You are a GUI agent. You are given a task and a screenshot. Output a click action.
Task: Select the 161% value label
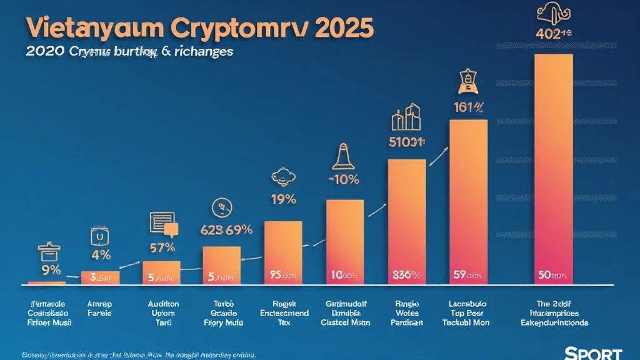[468, 107]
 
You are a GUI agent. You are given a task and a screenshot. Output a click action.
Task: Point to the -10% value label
[344, 180]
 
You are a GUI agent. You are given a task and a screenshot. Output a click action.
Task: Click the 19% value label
[282, 201]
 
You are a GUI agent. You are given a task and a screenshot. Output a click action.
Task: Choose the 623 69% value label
[226, 229]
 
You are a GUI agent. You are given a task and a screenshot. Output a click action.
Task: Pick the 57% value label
[162, 247]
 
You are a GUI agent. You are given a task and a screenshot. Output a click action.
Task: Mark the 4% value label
[101, 255]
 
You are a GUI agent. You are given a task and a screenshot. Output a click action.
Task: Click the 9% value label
[51, 270]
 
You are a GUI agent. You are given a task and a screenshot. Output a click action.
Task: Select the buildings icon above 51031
[406, 117]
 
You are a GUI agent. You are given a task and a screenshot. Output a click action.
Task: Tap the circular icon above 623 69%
[221, 206]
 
